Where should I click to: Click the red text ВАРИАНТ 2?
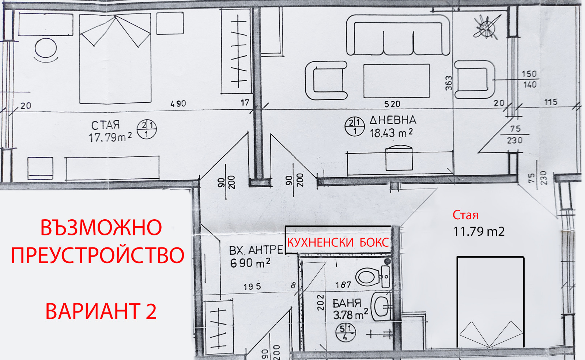point(101,311)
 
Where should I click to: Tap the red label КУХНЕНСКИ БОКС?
point(338,243)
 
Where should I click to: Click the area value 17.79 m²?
point(110,138)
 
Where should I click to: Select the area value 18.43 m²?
point(391,133)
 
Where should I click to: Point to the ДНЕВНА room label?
point(393,120)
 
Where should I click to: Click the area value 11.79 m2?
point(479,231)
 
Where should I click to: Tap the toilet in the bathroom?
point(371,276)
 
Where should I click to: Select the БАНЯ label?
point(347,303)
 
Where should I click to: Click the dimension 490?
point(178,104)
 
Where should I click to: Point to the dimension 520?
point(392,104)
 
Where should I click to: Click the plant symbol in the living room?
point(487,27)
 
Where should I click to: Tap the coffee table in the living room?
point(396,81)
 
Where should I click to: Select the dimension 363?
point(449,83)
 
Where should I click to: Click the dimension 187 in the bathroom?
point(343,285)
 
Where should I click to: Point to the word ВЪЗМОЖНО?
point(101,228)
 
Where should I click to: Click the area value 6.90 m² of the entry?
point(250,263)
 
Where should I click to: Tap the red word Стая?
point(465,215)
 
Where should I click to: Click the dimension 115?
point(551,102)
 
